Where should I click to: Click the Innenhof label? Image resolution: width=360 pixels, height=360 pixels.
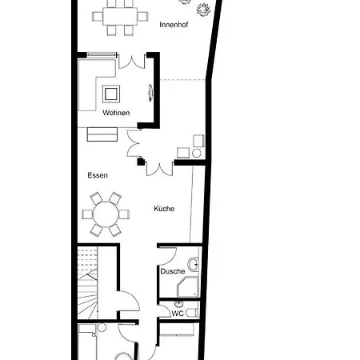pos(174,25)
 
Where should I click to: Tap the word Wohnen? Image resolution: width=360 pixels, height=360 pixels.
pos(116,113)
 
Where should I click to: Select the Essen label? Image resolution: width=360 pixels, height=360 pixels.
pos(98,175)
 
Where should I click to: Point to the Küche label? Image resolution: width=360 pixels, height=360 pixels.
pos(164,209)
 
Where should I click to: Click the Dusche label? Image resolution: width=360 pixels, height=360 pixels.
pos(173,271)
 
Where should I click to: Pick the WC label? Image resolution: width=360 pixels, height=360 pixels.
pos(178,314)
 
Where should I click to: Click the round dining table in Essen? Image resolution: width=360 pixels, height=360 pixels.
pos(106,214)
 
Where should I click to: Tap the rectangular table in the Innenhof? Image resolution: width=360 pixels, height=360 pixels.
pos(120,16)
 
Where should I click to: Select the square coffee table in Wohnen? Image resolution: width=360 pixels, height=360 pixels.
pos(111,94)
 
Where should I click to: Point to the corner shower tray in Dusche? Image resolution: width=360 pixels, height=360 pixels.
pos(188,286)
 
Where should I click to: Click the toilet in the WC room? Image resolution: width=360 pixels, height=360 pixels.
pos(192,313)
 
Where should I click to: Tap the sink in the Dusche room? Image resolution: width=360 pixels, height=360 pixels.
pos(194,264)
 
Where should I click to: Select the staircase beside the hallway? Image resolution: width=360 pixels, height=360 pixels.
pos(87,282)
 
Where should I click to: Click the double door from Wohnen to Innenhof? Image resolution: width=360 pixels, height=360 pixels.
pos(132,62)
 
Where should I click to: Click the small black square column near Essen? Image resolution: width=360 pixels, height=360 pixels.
pos(140,162)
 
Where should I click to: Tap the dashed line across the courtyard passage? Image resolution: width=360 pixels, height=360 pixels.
pos(182,80)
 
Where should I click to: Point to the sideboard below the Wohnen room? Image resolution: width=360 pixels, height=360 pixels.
pos(102,134)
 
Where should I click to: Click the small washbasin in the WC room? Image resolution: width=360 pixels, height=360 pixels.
pos(179,304)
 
